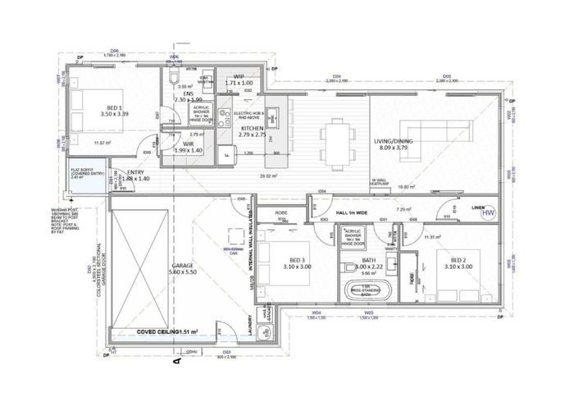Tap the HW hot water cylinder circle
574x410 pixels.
pos(490,212)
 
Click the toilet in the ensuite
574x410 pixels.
pos(174,78)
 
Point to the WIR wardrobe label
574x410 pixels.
pos(187,148)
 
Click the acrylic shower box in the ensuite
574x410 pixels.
pos(201,113)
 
